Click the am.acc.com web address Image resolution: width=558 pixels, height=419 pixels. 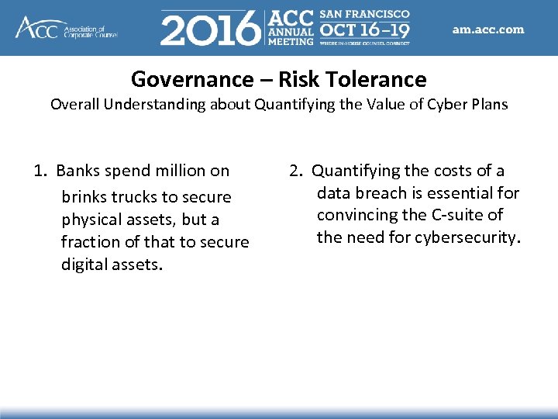[x=488, y=30]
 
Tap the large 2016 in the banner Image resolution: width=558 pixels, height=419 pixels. [x=210, y=29]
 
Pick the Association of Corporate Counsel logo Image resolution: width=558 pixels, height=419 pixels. [x=66, y=27]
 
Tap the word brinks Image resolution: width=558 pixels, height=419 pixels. [x=84, y=197]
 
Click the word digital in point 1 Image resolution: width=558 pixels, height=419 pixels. [x=84, y=265]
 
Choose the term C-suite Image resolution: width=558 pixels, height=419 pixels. [x=460, y=214]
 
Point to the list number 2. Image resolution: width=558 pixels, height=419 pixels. [x=295, y=171]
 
